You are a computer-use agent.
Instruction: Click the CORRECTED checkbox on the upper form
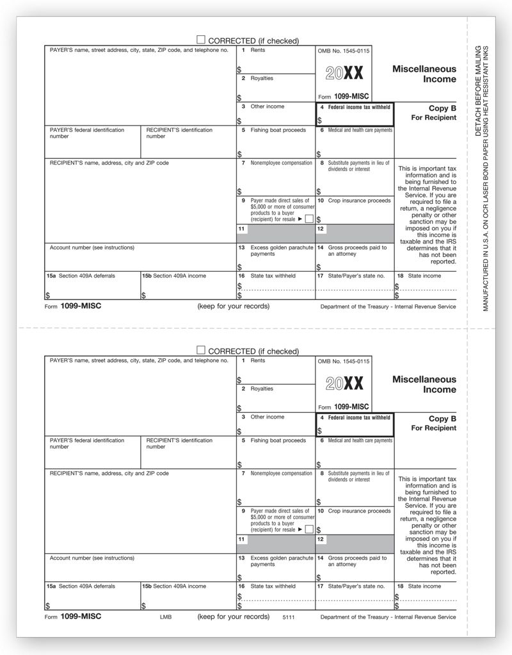pyautogui.click(x=201, y=40)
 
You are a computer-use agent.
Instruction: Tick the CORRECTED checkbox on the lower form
pyautogui.click(x=201, y=351)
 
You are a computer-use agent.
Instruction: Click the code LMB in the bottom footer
pyautogui.click(x=164, y=617)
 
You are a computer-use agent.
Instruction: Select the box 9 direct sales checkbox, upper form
pyautogui.click(x=309, y=219)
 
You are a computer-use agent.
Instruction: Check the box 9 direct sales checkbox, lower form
pyautogui.click(x=309, y=529)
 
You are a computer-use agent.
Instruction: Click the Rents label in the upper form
pyautogui.click(x=257, y=50)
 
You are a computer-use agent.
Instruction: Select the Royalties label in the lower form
pyautogui.click(x=262, y=388)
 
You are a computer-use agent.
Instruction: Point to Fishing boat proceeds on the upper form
pyautogui.click(x=278, y=130)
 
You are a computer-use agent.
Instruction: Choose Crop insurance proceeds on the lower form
pyautogui.click(x=358, y=511)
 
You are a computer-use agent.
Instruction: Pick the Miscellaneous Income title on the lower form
pyautogui.click(x=424, y=385)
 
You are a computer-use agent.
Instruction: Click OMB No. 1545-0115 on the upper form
pyautogui.click(x=343, y=50)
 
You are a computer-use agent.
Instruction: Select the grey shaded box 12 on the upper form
pyautogui.click(x=355, y=233)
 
